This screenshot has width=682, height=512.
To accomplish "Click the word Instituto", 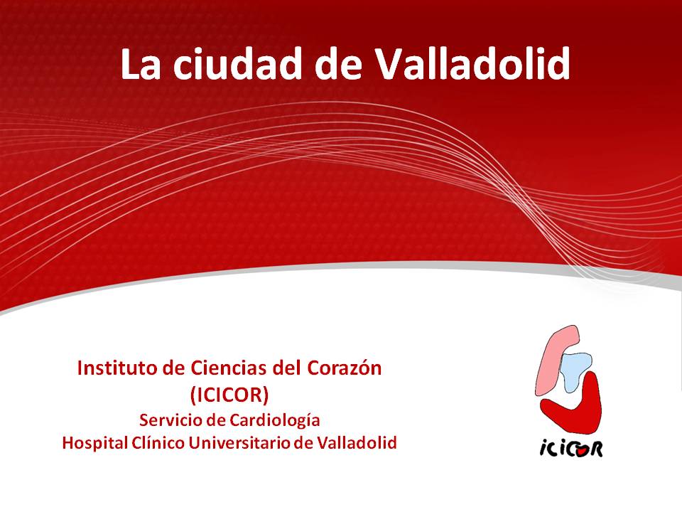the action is point(117,368).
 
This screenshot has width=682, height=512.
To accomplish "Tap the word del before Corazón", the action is point(287,368).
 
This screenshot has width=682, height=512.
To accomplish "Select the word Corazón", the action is point(345,368).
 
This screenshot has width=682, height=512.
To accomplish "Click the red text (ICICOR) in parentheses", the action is point(229,395).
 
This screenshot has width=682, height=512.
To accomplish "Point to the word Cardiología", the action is point(274,421).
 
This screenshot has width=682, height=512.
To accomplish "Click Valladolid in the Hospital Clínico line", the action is point(357,443).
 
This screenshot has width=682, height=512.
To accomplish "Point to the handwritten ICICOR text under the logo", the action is point(571,448).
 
